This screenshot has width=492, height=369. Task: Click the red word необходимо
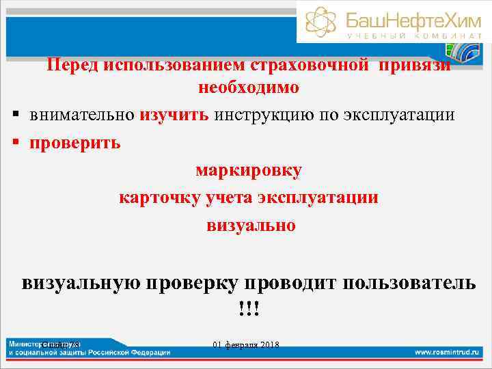(248, 88)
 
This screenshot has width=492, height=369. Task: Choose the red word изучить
(174, 114)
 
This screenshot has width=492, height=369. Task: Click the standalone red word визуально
(251, 225)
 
